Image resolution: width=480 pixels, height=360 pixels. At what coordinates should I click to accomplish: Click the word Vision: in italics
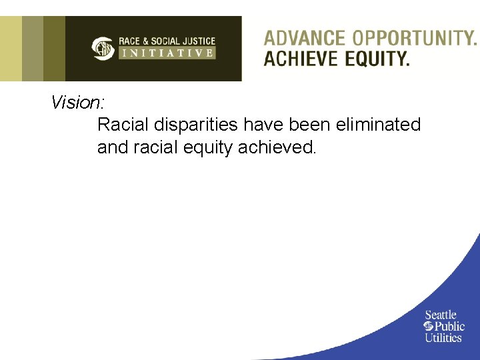[x=77, y=103]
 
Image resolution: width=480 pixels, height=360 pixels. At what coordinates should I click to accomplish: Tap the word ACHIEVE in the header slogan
[x=301, y=59]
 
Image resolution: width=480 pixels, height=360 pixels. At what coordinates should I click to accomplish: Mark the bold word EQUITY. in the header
[x=377, y=59]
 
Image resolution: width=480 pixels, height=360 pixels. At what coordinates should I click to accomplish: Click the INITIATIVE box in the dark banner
[x=167, y=53]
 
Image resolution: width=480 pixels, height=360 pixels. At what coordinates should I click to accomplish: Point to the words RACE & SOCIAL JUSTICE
[x=167, y=41]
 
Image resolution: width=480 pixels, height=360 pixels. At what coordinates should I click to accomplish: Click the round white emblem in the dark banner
[x=103, y=48]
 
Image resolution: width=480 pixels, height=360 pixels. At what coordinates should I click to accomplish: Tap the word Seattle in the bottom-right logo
[x=441, y=315]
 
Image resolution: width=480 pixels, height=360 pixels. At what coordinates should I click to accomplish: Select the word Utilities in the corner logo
[x=443, y=337]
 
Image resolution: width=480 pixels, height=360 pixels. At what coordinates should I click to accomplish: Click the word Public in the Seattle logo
[x=449, y=326]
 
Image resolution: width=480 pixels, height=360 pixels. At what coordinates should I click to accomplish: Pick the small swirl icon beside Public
[x=429, y=326]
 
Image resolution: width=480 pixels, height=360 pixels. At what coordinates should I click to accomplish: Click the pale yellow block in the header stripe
[x=11, y=48]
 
